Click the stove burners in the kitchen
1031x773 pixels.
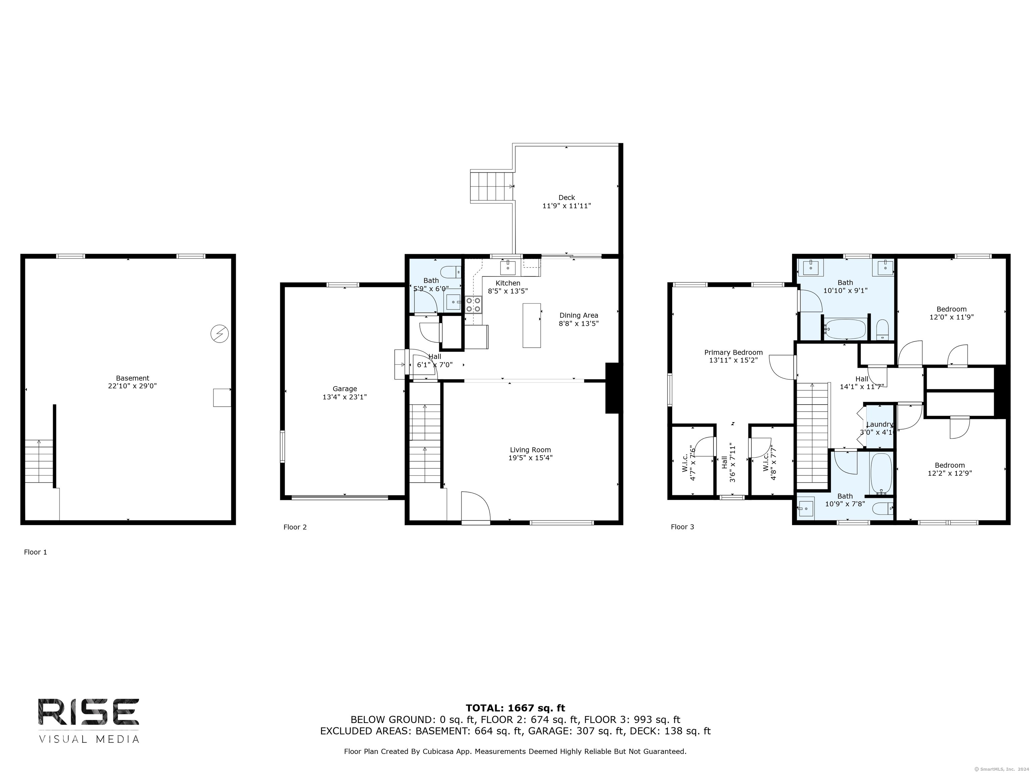pyautogui.click(x=474, y=305)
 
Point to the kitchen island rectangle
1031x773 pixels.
pyautogui.click(x=531, y=325)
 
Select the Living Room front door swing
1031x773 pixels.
pyautogui.click(x=476, y=507)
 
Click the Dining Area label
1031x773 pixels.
pyautogui.click(x=578, y=315)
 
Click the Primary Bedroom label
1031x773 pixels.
pyautogui.click(x=733, y=352)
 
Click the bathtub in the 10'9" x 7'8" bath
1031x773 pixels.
pyautogui.click(x=881, y=473)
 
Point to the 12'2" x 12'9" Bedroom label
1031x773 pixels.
pyautogui.click(x=949, y=465)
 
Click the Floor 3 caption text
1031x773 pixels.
pyautogui.click(x=682, y=527)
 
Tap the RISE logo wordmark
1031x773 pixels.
pyautogui.click(x=89, y=712)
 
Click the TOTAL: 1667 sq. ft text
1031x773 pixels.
pyautogui.click(x=515, y=708)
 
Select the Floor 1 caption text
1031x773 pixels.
pyautogui.click(x=36, y=552)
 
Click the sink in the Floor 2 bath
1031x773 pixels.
pyautogui.click(x=453, y=302)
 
